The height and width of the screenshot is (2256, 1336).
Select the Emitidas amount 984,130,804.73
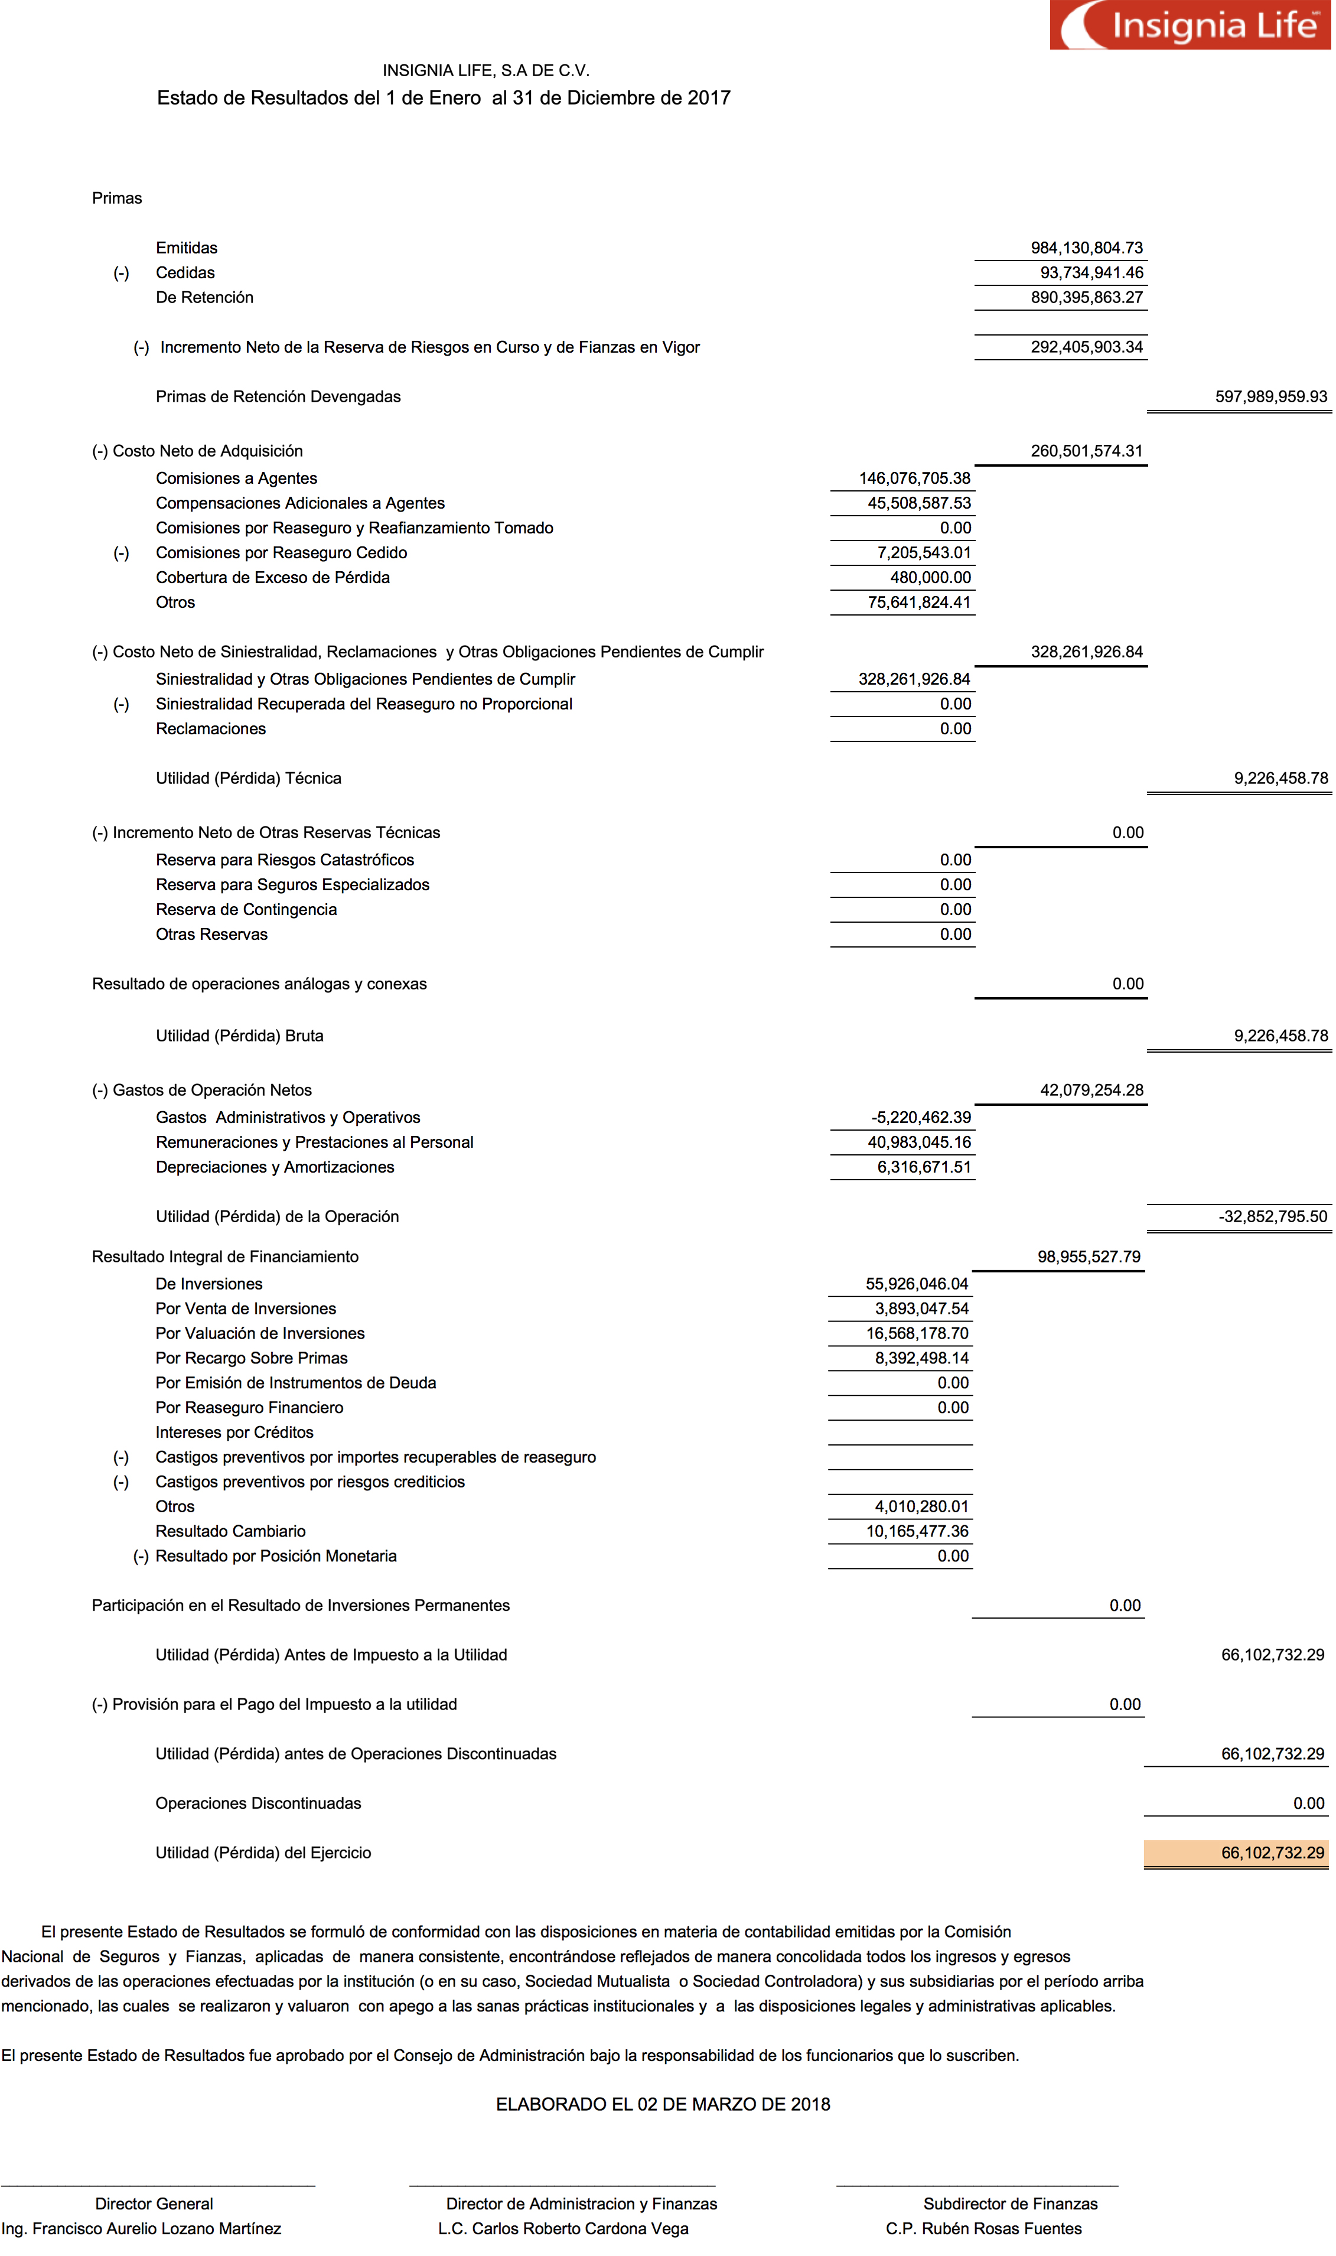[x=1087, y=248]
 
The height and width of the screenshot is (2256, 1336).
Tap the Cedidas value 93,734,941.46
[x=1091, y=273]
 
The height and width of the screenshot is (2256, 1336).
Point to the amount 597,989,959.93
[x=1270, y=397]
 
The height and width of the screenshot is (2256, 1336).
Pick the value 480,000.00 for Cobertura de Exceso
[x=930, y=578]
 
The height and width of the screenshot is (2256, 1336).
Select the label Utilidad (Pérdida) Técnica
[x=249, y=779]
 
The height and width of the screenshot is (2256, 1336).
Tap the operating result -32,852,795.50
[x=1272, y=1217]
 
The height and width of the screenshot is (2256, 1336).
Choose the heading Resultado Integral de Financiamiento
[x=225, y=1256]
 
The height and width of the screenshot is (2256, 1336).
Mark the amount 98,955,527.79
[x=1089, y=1256]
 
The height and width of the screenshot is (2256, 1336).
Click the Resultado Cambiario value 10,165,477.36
[x=917, y=1531]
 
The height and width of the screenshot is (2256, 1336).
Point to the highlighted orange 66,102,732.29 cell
[x=1272, y=1853]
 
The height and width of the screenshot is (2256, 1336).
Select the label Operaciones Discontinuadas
[x=258, y=1803]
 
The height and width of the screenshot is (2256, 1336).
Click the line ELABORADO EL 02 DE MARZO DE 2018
[x=663, y=2105]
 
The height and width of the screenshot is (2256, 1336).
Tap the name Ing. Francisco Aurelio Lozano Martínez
[x=141, y=2229]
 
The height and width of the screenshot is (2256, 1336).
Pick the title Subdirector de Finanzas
[x=1010, y=2204]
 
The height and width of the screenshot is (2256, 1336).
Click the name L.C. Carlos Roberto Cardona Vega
[x=563, y=2229]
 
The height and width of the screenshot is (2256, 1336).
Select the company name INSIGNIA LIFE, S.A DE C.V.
[x=485, y=70]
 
